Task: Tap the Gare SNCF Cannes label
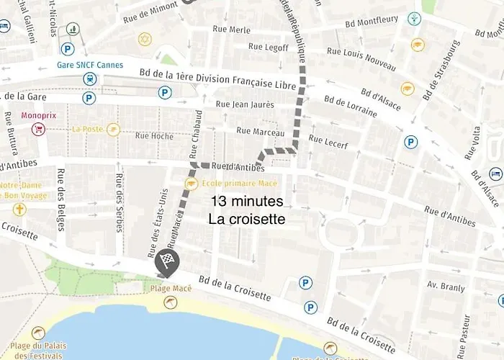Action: (90, 65)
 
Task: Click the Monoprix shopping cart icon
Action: (38, 129)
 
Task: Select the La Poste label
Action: (88, 130)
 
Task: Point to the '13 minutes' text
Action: (247, 201)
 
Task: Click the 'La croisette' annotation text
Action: (247, 219)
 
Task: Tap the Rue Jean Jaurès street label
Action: (245, 104)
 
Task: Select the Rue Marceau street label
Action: (260, 131)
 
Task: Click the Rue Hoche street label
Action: (152, 135)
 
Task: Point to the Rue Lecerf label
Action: (328, 142)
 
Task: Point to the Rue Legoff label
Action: (268, 47)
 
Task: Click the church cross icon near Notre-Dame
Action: (19, 210)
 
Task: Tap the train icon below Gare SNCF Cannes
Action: (89, 78)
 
